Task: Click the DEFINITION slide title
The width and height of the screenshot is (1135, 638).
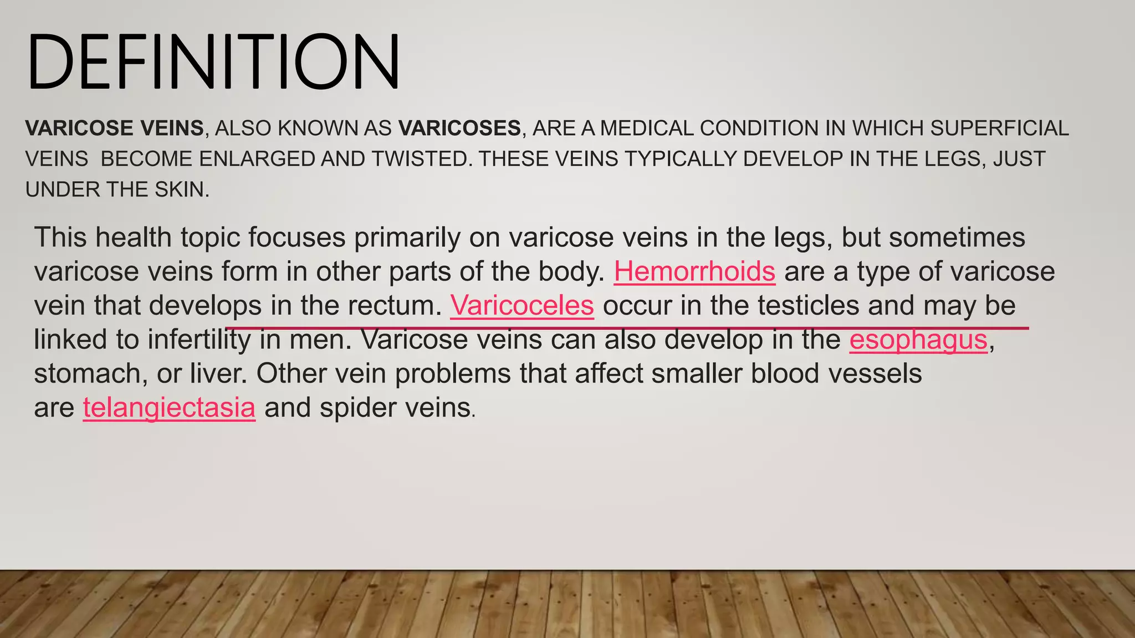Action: (x=213, y=61)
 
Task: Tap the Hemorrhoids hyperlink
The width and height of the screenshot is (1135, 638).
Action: (x=694, y=271)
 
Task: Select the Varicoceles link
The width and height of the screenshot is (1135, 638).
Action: (x=522, y=305)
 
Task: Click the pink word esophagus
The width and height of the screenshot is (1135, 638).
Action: (x=918, y=339)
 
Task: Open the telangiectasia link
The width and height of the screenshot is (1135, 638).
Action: (x=169, y=408)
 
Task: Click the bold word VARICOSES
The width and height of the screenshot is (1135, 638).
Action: (x=459, y=128)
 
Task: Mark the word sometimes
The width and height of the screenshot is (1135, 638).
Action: (x=957, y=238)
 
